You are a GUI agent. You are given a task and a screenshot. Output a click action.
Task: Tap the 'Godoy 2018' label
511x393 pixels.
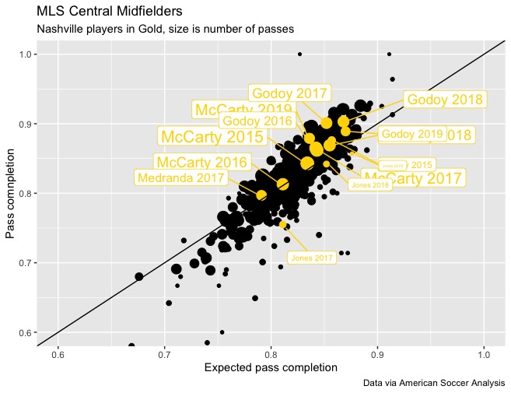[446, 100]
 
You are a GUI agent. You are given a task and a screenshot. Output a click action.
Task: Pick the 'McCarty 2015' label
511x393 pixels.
[211, 137]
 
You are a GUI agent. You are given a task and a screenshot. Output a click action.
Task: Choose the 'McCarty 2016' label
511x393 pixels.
[201, 163]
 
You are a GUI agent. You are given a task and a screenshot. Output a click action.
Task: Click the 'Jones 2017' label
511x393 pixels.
[311, 258]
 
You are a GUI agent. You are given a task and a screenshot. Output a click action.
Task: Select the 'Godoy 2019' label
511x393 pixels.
[411, 134]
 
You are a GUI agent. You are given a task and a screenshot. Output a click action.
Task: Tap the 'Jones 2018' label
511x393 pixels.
[369, 185]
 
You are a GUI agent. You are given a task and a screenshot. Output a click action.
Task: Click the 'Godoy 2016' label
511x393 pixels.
[257, 120]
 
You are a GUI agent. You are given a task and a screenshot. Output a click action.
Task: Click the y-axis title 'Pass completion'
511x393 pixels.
[10, 193]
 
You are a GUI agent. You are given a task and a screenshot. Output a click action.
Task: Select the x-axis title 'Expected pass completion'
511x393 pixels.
[270, 367]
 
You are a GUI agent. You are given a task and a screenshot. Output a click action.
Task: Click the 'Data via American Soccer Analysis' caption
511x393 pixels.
[433, 383]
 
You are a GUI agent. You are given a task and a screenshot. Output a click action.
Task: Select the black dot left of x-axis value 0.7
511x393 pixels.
[139, 276]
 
